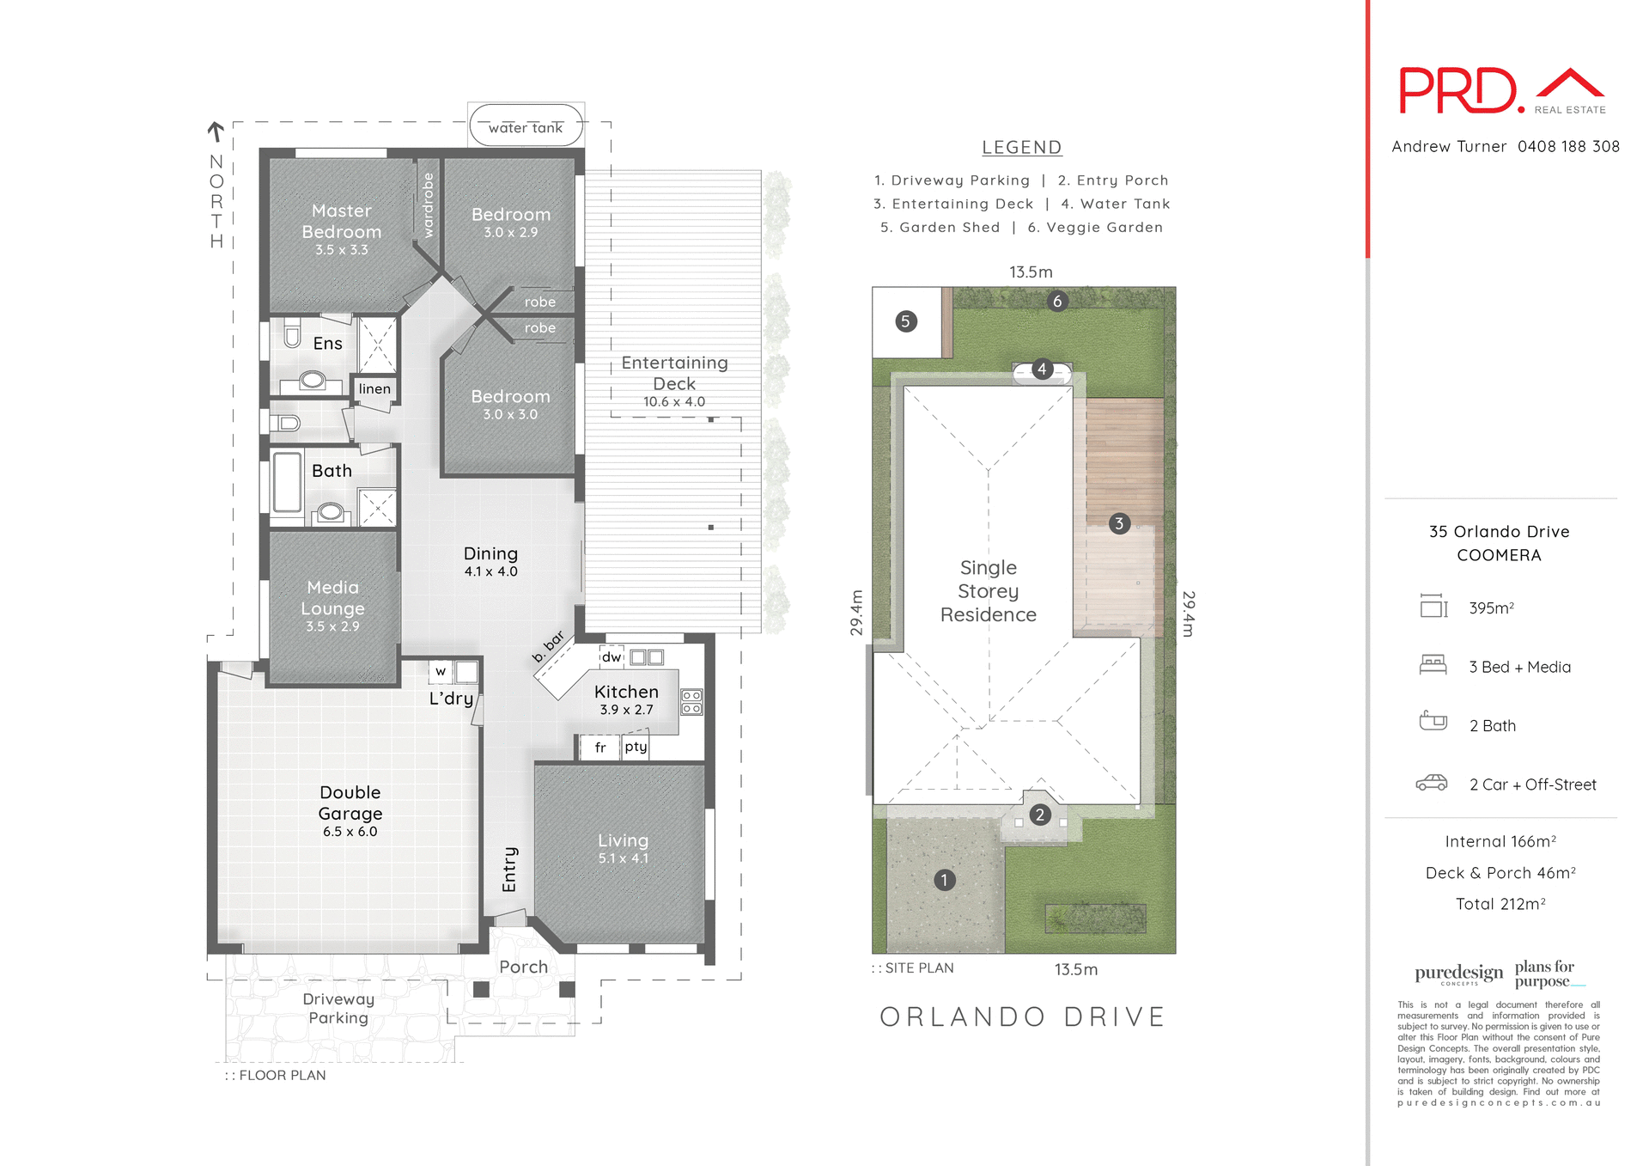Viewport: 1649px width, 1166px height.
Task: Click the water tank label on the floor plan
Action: click(526, 128)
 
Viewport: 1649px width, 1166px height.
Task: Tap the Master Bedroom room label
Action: click(341, 221)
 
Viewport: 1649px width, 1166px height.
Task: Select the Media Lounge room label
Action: click(332, 597)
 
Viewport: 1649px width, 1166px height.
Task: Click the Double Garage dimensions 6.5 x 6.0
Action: click(350, 832)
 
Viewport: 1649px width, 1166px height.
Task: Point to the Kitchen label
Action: click(626, 692)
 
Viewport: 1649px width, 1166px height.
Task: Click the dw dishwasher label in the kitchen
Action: click(612, 657)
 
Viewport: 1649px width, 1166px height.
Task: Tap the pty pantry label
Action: click(636, 747)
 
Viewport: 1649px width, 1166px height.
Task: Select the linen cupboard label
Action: click(374, 389)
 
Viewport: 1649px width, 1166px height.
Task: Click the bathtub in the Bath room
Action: click(288, 482)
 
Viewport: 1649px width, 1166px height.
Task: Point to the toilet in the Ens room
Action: click(292, 333)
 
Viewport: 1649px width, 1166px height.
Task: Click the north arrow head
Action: click(216, 128)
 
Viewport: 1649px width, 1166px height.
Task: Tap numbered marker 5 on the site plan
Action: click(905, 321)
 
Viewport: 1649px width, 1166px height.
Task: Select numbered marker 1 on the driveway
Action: click(944, 880)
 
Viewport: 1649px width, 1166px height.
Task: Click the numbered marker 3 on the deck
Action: click(1118, 523)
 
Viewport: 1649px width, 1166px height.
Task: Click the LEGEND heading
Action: click(1022, 148)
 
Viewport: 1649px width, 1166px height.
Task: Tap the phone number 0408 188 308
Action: click(1568, 147)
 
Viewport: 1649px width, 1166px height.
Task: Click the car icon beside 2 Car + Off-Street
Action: click(1432, 783)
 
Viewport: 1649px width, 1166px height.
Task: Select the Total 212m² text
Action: click(1500, 904)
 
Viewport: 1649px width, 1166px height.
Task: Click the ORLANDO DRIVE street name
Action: click(1022, 1017)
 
